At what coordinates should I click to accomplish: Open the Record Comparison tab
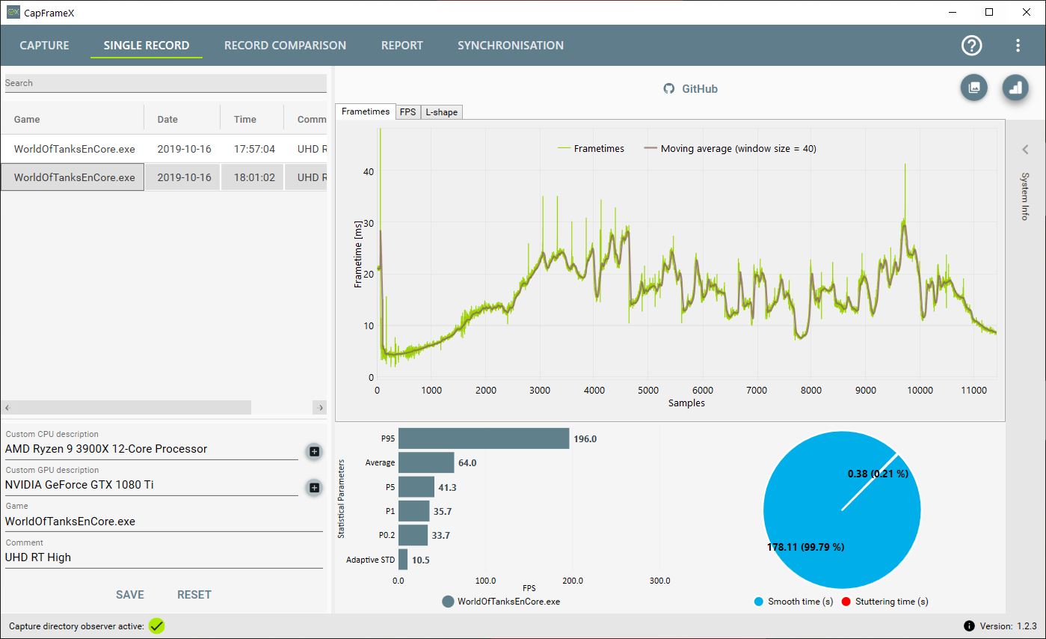click(285, 46)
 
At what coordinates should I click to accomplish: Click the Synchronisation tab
click(510, 46)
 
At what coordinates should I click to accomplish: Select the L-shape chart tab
click(441, 112)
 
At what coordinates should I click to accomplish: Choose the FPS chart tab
click(407, 112)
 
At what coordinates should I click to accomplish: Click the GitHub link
click(690, 89)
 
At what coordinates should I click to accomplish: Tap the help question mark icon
click(971, 46)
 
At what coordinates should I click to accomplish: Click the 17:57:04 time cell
click(254, 149)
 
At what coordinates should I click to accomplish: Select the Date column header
click(167, 119)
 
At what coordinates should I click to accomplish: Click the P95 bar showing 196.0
click(483, 438)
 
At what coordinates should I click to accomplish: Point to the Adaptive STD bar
click(403, 560)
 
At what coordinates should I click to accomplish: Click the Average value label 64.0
click(467, 463)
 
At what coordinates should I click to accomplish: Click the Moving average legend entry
click(730, 149)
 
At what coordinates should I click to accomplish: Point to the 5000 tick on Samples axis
click(648, 390)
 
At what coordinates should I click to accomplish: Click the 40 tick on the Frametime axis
click(368, 171)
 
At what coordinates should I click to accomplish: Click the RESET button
click(194, 595)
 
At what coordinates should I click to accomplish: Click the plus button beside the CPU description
click(314, 451)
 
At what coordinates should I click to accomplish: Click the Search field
click(164, 83)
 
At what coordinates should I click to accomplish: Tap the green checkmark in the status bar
click(156, 626)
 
